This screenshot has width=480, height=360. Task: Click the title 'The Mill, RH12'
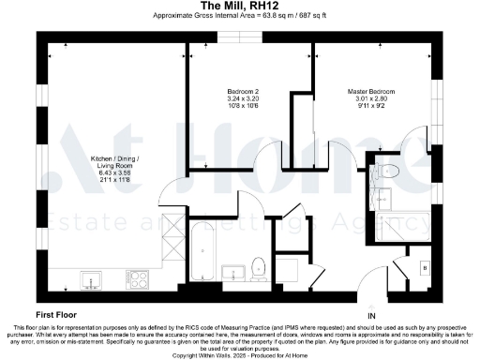click(240, 6)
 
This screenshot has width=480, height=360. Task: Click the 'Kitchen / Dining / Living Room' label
click(91, 160)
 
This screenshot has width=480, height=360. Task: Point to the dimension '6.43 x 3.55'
click(91, 172)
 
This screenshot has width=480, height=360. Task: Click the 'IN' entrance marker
click(371, 315)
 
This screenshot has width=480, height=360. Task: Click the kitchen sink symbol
click(91, 278)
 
